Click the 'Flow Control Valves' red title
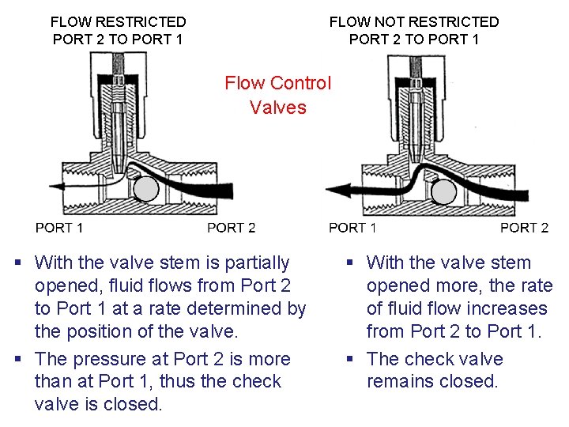pyautogui.click(x=277, y=95)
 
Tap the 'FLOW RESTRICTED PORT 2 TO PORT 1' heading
pyautogui.click(x=118, y=30)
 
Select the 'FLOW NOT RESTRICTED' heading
pyautogui.click(x=414, y=22)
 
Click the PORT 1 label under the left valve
pyautogui.click(x=59, y=228)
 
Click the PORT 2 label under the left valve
pyautogui.click(x=231, y=228)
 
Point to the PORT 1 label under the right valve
pyautogui.click(x=352, y=228)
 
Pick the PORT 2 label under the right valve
pyautogui.click(x=524, y=228)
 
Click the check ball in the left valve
pyautogui.click(x=146, y=190)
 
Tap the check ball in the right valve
pyautogui.click(x=443, y=191)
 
